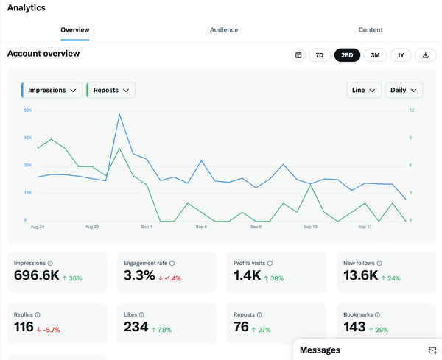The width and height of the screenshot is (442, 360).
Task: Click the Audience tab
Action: (224, 30)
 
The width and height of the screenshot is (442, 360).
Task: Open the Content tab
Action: (371, 30)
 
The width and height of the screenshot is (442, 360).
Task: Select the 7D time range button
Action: (320, 55)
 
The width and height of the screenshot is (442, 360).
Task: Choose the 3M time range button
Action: (375, 55)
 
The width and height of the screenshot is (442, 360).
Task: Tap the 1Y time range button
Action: (401, 55)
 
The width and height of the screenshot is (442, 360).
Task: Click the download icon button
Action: (426, 55)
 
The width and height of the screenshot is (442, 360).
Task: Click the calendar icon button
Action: (298, 55)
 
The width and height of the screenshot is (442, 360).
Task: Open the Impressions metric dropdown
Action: (52, 90)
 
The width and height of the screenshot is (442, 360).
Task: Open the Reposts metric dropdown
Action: (111, 90)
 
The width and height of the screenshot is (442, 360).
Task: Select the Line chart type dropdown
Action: (364, 90)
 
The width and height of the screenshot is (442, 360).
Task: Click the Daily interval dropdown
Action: (404, 90)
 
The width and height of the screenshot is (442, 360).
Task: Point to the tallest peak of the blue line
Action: (119, 114)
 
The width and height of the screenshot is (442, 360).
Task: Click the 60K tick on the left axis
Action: (27, 110)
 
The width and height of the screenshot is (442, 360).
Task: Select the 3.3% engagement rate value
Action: (140, 275)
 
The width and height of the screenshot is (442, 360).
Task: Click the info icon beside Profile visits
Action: (270, 263)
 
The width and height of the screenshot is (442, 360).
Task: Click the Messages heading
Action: (320, 350)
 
